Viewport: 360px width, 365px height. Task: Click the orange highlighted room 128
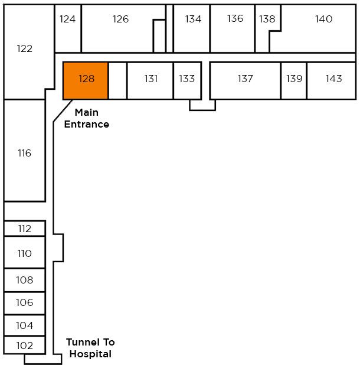click(86, 80)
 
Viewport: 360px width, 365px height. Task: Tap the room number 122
click(25, 49)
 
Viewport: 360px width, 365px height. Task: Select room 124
click(68, 19)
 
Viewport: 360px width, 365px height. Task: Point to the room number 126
click(120, 19)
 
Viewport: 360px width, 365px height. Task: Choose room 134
click(193, 19)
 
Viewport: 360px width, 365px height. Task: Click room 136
click(235, 19)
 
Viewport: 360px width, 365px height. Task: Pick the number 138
click(267, 19)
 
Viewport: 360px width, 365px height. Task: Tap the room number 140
click(323, 19)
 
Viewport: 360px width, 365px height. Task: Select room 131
click(150, 79)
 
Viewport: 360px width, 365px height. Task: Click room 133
click(186, 79)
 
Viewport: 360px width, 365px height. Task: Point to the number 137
click(245, 79)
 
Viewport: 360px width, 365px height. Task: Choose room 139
click(294, 79)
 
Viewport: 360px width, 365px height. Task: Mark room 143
click(333, 79)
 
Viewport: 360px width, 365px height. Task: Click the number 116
click(24, 154)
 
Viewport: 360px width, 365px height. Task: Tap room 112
click(24, 229)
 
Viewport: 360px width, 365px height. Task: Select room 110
click(24, 254)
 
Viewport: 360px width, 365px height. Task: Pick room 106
click(24, 303)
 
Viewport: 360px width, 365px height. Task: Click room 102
click(24, 346)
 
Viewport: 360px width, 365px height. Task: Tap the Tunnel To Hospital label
click(90, 348)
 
